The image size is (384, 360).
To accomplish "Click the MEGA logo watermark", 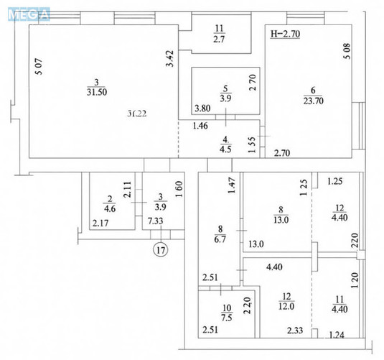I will (25, 12).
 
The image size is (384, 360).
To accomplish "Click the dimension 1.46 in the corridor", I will (198, 126).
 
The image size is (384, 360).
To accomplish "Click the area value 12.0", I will (286, 317).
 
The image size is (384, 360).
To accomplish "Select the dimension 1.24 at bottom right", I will (336, 335).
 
